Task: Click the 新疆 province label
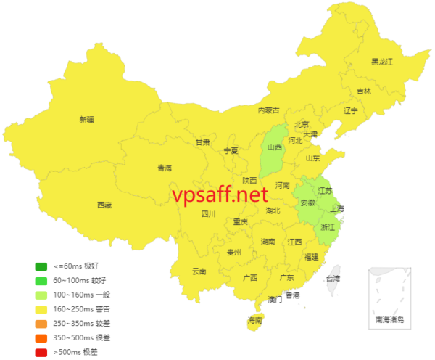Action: (87, 120)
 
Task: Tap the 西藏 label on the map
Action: (104, 205)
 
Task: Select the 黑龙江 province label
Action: (381, 62)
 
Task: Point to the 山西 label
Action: (275, 147)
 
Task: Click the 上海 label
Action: (336, 209)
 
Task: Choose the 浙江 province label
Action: (328, 227)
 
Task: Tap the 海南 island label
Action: (255, 319)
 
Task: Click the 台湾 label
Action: (332, 279)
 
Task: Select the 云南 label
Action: (199, 271)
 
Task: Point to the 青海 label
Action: (165, 168)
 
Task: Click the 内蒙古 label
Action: (269, 110)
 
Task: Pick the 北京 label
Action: (302, 124)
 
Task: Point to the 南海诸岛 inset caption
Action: (391, 319)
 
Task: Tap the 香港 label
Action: (291, 295)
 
